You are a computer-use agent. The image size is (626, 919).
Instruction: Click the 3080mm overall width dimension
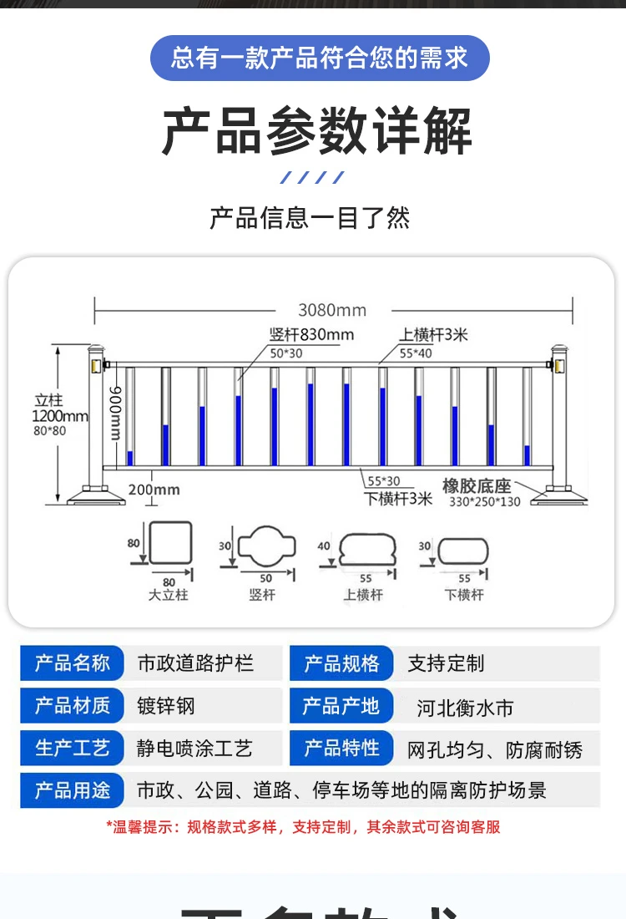[x=332, y=310]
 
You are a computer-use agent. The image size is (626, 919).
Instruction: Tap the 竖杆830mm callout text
[x=311, y=335]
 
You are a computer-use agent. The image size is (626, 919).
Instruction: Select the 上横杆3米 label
[x=433, y=335]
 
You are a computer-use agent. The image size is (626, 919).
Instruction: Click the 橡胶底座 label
[x=477, y=486]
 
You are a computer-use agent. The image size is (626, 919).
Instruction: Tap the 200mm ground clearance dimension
[x=154, y=489]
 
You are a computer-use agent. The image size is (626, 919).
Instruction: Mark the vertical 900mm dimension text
[x=117, y=413]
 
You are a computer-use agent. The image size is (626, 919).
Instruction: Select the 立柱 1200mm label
[x=59, y=409]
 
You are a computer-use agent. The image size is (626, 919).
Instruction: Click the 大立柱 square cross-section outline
[x=170, y=543]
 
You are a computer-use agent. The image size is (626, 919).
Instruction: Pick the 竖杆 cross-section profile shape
[x=267, y=546]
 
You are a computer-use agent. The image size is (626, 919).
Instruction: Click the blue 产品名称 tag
[x=73, y=663]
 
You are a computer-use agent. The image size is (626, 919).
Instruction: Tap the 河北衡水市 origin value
[x=465, y=708]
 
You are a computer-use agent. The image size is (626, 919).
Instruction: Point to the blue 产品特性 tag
[x=341, y=749]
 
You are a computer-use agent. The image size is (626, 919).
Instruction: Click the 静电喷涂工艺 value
[x=194, y=749]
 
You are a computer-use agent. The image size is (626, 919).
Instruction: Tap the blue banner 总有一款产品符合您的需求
[x=320, y=58]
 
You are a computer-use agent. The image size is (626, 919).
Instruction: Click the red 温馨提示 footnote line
[x=303, y=827]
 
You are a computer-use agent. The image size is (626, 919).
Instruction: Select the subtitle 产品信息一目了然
[x=310, y=218]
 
